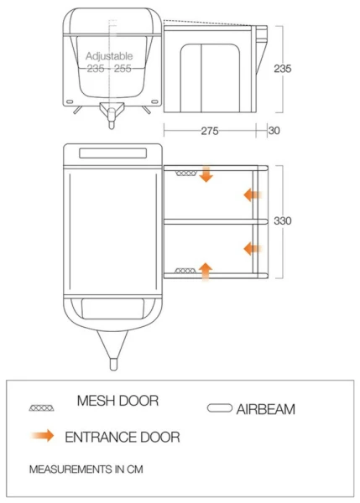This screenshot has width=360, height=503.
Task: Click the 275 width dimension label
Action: pyautogui.click(x=210, y=131)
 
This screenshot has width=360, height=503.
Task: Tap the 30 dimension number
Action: pyautogui.click(x=274, y=131)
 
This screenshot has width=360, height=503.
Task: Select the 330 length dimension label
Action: pyautogui.click(x=283, y=220)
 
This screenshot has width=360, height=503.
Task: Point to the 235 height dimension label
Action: pyautogui.click(x=283, y=69)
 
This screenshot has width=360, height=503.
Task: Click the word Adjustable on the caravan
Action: pyautogui.click(x=109, y=56)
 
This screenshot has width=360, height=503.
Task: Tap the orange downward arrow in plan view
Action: pyautogui.click(x=206, y=174)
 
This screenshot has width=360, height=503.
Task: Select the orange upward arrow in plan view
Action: pyautogui.click(x=206, y=272)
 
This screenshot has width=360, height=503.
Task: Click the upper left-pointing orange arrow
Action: pyautogui.click(x=253, y=195)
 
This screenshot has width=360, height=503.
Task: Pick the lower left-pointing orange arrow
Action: pyautogui.click(x=253, y=249)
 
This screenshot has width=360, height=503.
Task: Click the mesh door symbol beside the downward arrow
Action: pyautogui.click(x=186, y=174)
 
